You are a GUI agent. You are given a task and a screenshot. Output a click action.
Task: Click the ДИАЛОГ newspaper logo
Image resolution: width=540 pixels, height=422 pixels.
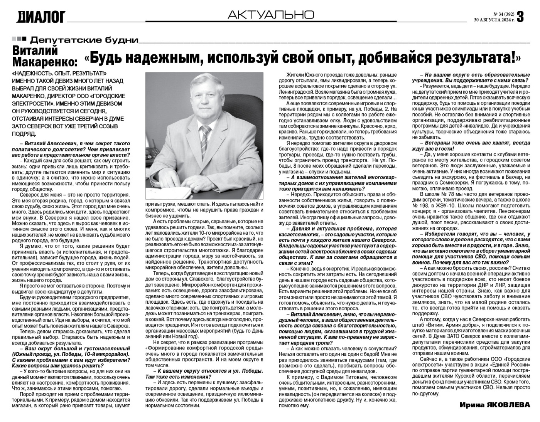(41, 17)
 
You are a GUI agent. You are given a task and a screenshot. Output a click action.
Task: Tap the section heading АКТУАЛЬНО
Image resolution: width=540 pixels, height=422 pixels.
(271, 15)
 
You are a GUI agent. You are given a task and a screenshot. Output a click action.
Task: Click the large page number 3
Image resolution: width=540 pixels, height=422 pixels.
(520, 17)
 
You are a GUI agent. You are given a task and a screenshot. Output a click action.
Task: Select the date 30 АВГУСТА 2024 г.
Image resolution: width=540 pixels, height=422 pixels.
(494, 20)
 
